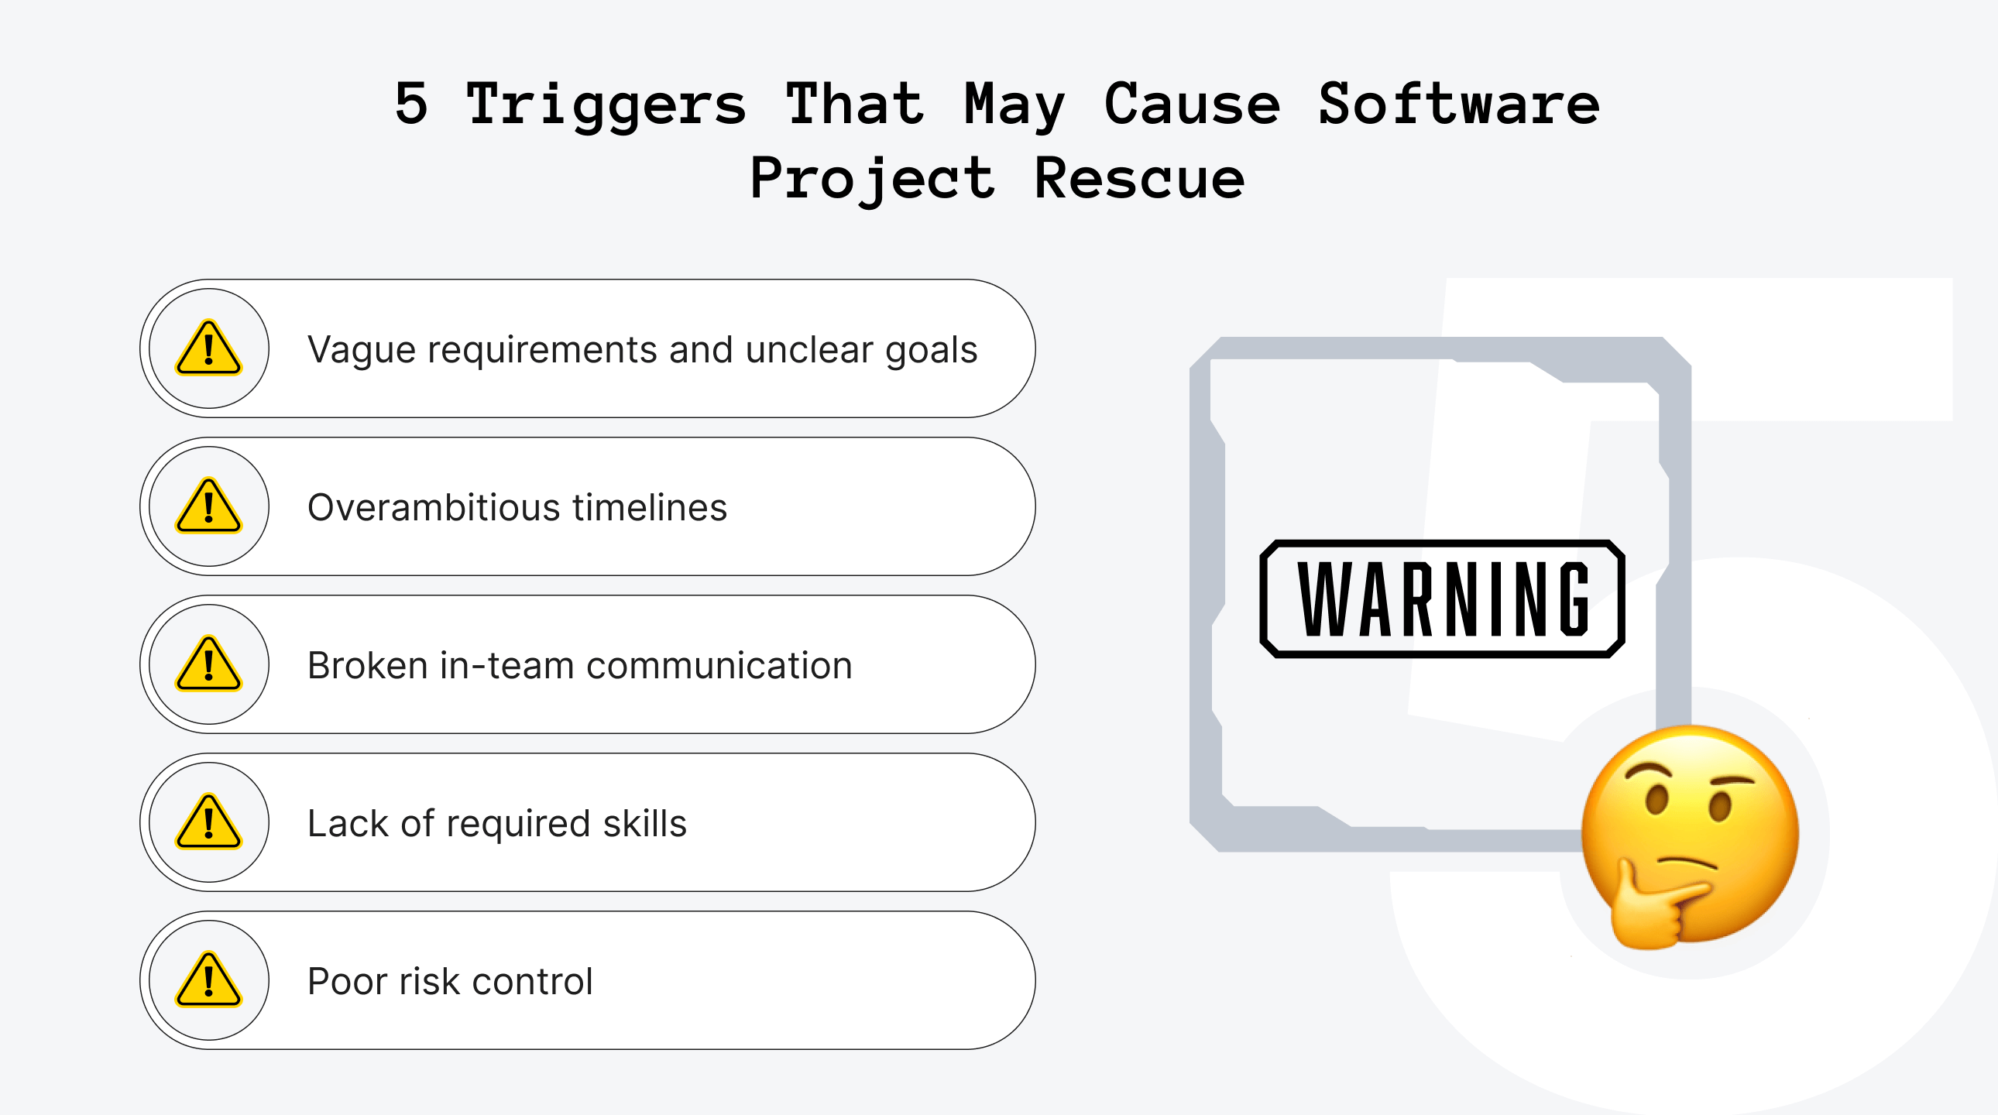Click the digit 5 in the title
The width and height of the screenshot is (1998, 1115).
pyautogui.click(x=411, y=103)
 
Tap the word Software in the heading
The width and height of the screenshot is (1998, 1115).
pyautogui.click(x=1458, y=103)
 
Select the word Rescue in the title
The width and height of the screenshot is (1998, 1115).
pyautogui.click(x=1139, y=178)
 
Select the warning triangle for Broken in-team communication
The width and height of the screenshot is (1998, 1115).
pyautogui.click(x=208, y=664)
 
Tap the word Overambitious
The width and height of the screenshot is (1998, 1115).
pyautogui.click(x=434, y=508)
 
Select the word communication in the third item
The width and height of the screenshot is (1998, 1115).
pyautogui.click(x=719, y=666)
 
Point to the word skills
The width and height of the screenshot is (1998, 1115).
pyautogui.click(x=644, y=823)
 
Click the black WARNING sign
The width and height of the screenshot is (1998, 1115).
pyautogui.click(x=1442, y=599)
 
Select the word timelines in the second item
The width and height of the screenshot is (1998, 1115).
pyautogui.click(x=649, y=508)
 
